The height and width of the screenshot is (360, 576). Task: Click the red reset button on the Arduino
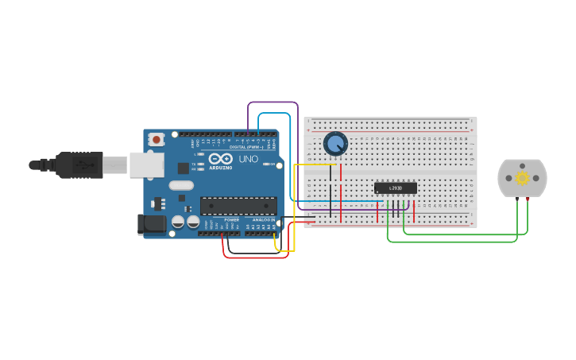point(157,139)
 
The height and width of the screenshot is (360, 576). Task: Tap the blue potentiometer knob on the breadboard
point(336,144)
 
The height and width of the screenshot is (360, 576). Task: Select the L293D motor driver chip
point(396,188)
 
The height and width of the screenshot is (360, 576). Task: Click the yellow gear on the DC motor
point(522,178)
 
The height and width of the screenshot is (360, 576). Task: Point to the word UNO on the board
point(249,159)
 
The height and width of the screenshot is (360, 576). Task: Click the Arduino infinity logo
point(220,159)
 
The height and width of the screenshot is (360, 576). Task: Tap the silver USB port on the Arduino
point(147,165)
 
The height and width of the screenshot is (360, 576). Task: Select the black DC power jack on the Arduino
point(152,224)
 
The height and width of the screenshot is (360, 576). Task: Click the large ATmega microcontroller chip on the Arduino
point(238,206)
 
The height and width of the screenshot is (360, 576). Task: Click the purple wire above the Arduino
point(273,103)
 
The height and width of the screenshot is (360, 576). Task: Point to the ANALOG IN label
point(264,219)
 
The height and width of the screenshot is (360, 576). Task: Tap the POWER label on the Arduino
point(231,219)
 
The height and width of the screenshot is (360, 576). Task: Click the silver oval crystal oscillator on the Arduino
point(180,185)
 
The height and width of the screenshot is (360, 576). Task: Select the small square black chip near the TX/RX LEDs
point(184,168)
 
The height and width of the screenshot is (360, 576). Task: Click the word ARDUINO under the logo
point(221,168)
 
